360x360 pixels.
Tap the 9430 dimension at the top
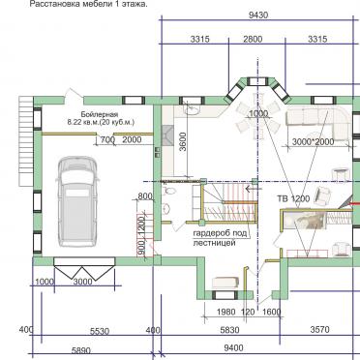click(258, 16)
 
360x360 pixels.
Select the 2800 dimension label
click(253, 40)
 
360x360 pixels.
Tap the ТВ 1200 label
click(294, 198)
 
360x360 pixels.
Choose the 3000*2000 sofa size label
click(312, 141)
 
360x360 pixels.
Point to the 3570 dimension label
click(320, 331)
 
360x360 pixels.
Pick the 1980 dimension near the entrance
click(226, 312)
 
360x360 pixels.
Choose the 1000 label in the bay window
click(257, 114)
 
